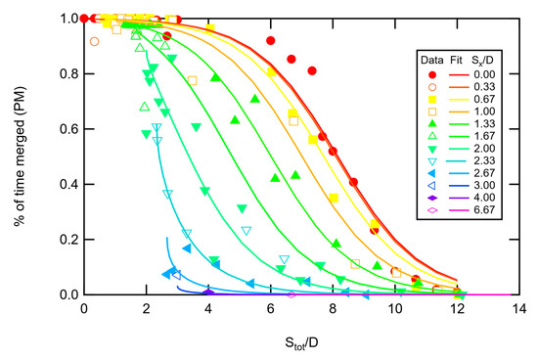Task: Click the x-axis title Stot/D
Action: coord(301,342)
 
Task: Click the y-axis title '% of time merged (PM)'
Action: coord(20,157)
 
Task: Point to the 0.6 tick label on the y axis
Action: coord(69,129)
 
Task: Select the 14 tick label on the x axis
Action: coord(519,309)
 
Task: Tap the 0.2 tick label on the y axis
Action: coord(69,240)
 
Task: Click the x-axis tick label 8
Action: coord(333,309)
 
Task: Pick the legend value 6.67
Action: coord(484,209)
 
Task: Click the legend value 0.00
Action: coord(484,74)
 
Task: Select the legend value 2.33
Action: coord(484,160)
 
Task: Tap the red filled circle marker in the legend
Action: coord(432,74)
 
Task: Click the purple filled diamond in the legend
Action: coord(432,198)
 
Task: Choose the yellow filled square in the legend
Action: coord(432,100)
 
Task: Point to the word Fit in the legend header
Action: coord(456,61)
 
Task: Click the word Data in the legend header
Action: coord(432,61)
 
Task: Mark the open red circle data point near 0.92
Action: coord(94,41)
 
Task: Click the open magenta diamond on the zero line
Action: coord(291,294)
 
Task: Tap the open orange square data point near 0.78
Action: coord(192,80)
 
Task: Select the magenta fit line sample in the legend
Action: coord(459,210)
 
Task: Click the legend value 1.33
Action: coord(484,123)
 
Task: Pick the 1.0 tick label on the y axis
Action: coord(69,19)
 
